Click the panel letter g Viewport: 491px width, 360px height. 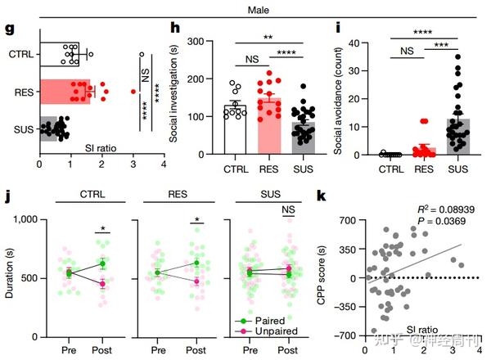10,29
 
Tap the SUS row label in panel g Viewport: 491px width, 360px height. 21,128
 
